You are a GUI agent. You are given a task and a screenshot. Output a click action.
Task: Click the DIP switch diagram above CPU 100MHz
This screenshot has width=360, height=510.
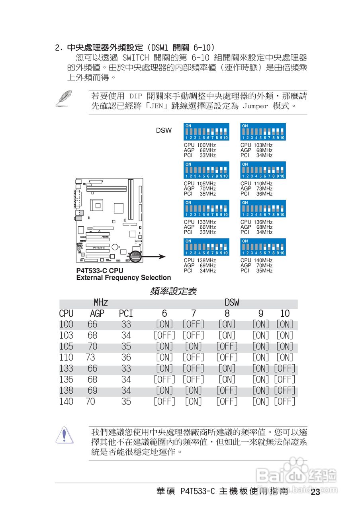(206, 131)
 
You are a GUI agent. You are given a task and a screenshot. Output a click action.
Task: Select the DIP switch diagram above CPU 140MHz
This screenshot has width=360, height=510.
(263, 247)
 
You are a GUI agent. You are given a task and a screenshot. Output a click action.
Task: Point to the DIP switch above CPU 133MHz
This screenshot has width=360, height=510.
(206, 208)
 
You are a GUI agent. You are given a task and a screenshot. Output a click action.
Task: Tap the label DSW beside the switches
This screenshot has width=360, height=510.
(164, 130)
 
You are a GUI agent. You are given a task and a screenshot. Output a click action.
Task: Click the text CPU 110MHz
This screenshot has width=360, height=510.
(256, 184)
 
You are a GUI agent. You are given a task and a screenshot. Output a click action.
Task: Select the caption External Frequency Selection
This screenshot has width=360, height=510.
(123, 278)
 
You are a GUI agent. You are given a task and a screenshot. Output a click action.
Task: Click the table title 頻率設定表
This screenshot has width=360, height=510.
(173, 291)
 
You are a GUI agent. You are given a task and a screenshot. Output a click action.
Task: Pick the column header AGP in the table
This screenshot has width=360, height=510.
(97, 314)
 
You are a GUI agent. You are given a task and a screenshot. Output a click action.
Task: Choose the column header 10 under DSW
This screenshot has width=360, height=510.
(285, 314)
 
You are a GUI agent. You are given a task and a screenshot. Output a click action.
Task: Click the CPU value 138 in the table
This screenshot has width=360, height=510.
(66, 390)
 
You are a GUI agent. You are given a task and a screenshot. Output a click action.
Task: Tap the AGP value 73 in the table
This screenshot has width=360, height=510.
(90, 357)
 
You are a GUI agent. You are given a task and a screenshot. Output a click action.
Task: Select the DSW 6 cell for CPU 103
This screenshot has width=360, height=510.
(164, 335)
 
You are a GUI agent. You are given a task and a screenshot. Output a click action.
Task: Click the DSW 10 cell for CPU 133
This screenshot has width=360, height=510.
(284, 369)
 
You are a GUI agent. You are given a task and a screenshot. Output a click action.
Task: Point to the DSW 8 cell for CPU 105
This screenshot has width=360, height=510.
(227, 347)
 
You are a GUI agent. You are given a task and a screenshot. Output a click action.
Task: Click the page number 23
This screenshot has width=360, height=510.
(315, 492)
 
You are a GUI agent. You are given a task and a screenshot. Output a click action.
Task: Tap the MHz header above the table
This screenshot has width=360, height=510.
(101, 302)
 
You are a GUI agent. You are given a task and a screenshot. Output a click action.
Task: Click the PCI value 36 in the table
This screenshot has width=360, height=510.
(126, 357)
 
